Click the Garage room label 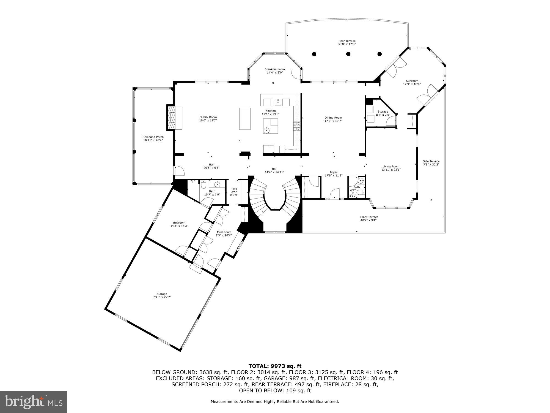(x=162, y=294)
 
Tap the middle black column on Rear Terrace (x=348, y=54)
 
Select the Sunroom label (x=412, y=81)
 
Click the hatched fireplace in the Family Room (x=172, y=118)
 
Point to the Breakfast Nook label (x=275, y=69)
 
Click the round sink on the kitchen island (x=266, y=131)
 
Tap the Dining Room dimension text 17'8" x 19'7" (x=333, y=121)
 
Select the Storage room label (x=383, y=112)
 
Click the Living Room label (x=391, y=166)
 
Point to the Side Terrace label (x=431, y=161)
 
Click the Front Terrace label (x=369, y=217)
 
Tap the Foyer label (x=334, y=172)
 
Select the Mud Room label (x=224, y=232)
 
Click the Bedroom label (x=179, y=223)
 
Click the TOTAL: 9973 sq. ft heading (x=275, y=366)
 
